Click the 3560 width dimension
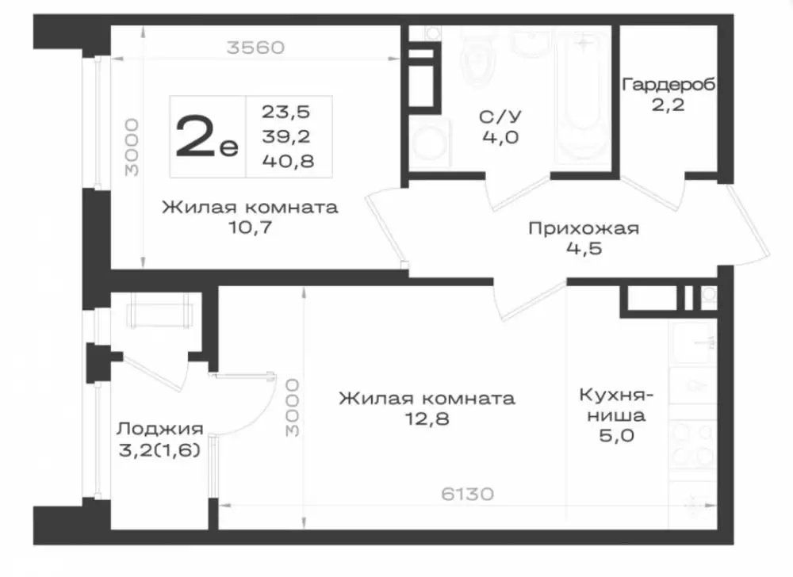(x=255, y=48)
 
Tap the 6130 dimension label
(x=467, y=494)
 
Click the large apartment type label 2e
(x=206, y=136)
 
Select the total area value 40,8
(x=289, y=161)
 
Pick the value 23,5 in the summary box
(x=285, y=112)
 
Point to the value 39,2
(x=286, y=136)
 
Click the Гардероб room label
(x=668, y=84)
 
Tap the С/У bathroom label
(x=500, y=117)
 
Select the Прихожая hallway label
(x=584, y=228)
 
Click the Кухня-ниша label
(x=616, y=404)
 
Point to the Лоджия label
(x=160, y=429)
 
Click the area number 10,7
(x=251, y=227)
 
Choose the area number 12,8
(x=427, y=418)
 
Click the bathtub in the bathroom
(x=583, y=96)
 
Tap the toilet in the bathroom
(x=478, y=60)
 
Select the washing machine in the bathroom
(x=430, y=141)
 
